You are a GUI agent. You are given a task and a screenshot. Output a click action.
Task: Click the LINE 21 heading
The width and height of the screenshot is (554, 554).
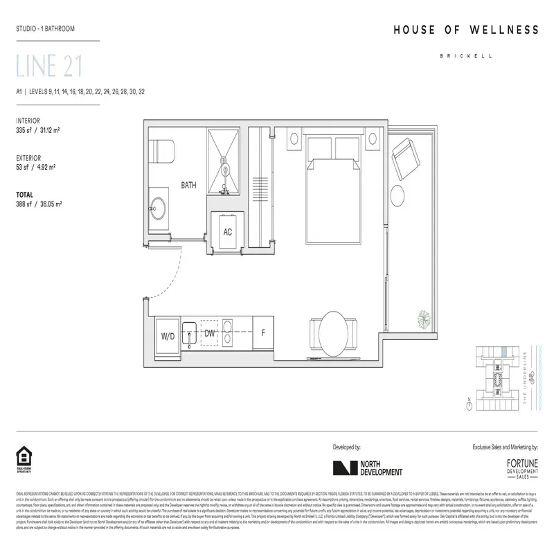pos(49,66)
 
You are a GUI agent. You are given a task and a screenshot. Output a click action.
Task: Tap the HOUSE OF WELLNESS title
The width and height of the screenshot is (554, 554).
pos(465,30)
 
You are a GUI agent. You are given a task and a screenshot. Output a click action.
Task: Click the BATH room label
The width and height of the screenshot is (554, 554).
pos(189,186)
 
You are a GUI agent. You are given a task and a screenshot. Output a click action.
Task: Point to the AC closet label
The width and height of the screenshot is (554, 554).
pos(227,232)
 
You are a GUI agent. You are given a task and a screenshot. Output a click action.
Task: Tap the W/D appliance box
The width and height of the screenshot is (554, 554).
pos(168,335)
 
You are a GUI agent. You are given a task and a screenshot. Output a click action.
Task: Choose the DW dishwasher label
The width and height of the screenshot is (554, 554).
pos(210,334)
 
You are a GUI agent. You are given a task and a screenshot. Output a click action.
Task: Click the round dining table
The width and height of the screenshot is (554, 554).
pos(334,331)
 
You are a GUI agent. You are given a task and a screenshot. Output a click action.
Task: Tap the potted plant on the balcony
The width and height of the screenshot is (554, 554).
pos(421,318)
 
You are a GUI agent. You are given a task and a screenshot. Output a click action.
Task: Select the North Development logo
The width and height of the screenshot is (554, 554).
pos(367,468)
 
